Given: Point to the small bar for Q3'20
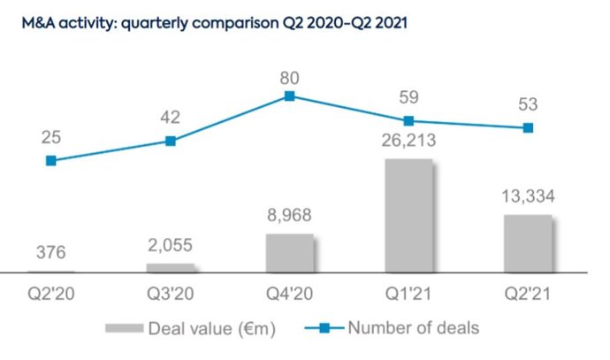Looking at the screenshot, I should pyautogui.click(x=170, y=266).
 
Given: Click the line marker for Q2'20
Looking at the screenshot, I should pyautogui.click(x=51, y=160).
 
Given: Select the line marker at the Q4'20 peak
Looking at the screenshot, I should pyautogui.click(x=289, y=96).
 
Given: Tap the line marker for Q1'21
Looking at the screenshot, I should pyautogui.click(x=408, y=120).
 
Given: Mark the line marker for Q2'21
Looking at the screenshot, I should pyautogui.click(x=528, y=127).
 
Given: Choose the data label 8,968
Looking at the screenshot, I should pyautogui.click(x=289, y=215).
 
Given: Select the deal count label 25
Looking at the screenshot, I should pyautogui.click(x=51, y=137).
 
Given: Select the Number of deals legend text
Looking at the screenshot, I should pyautogui.click(x=414, y=328).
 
